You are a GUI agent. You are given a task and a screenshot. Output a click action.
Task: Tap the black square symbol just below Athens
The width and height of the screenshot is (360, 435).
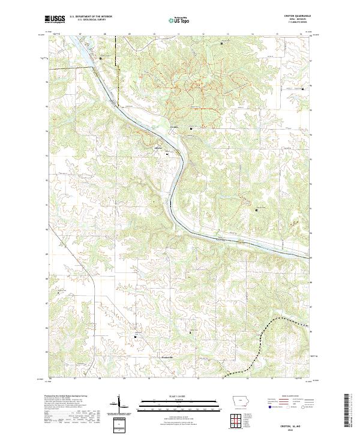pos(167,155)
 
